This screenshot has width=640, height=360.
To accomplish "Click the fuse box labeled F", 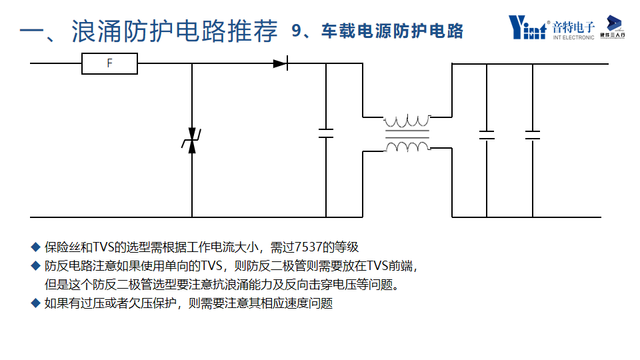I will pos(109,64).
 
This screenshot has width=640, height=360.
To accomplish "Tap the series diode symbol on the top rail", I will pos(280,64).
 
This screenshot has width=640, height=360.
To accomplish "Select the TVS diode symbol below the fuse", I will pos(192,142).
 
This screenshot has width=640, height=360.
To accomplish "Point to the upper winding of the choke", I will pos(407,122).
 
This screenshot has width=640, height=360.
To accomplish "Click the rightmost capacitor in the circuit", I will pos(533,135).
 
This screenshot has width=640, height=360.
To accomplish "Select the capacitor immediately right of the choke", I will pos(487,135).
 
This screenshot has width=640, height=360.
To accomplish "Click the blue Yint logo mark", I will pos(527,27).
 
